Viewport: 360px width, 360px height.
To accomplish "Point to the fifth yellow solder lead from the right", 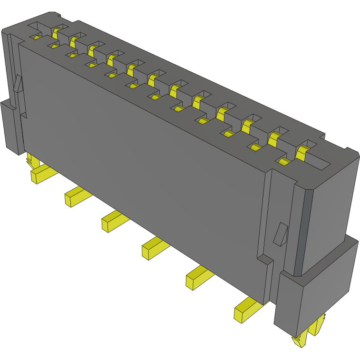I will pos(76,196).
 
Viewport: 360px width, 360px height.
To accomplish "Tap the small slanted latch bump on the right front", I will pos(281,234).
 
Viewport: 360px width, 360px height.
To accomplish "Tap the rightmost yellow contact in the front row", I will pos(284,162).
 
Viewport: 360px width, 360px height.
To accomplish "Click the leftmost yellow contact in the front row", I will pos(37,37).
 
